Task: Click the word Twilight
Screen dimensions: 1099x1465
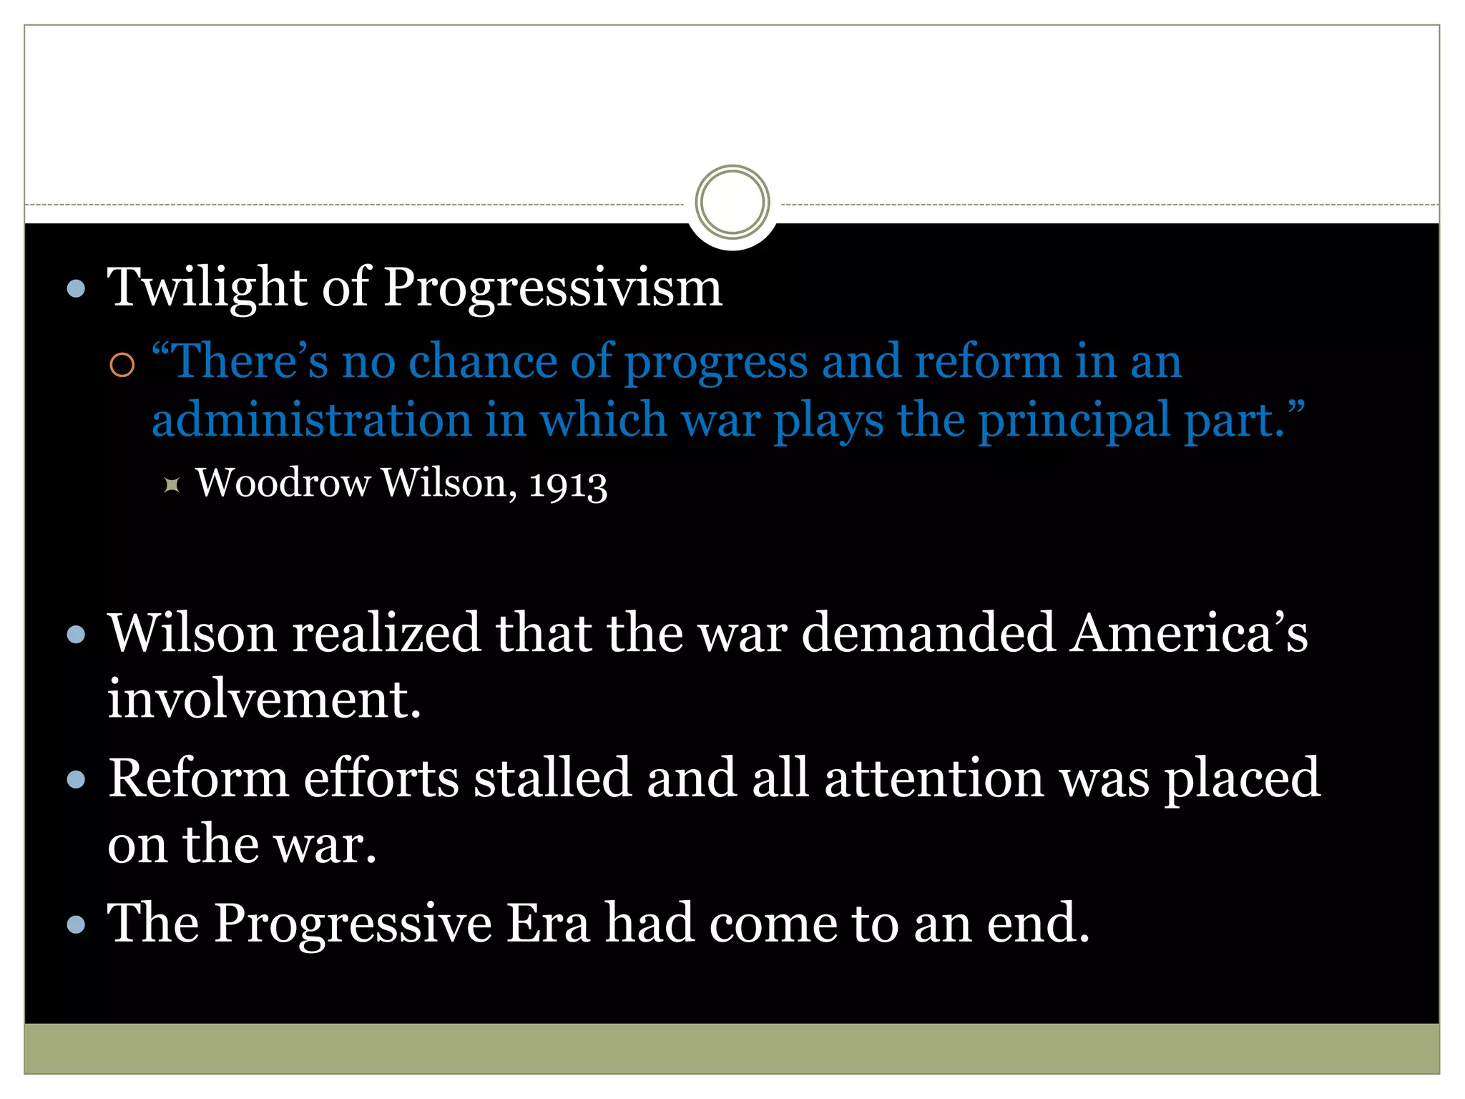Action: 207,288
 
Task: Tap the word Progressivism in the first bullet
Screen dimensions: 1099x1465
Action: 552,288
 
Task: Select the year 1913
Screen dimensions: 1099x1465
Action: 568,484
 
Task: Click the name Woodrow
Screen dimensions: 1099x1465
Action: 283,482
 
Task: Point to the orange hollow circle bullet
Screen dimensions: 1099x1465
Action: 122,365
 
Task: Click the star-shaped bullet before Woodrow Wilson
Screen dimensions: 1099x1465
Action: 172,485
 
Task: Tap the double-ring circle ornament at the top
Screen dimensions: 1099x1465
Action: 732,202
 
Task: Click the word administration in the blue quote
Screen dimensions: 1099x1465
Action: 312,420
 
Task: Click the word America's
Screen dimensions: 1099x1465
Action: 1188,633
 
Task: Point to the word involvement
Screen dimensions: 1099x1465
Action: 264,699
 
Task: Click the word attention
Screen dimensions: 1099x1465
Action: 934,778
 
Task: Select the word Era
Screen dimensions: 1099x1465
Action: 548,923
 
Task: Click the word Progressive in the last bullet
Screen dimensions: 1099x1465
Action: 353,923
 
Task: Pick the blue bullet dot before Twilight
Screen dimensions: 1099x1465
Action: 76,289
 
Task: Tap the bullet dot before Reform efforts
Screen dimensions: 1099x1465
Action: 76,779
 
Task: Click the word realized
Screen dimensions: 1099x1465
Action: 386,633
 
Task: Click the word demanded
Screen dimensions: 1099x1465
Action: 928,633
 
